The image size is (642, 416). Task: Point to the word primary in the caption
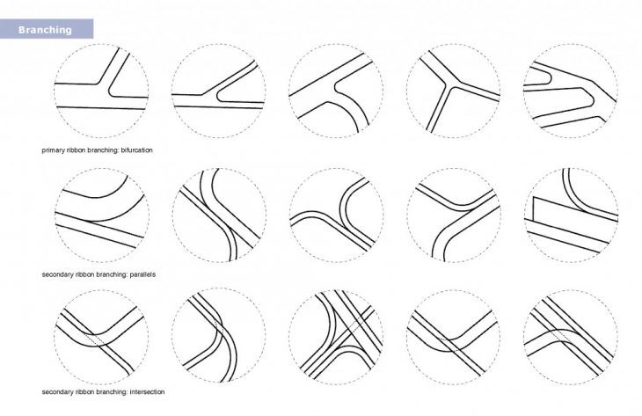pos(54,150)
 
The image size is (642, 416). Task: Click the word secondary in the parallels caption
pos(58,274)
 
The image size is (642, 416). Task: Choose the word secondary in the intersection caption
pos(58,391)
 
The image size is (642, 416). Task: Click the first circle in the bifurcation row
pos(101,90)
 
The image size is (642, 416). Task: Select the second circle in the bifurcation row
pos(218,90)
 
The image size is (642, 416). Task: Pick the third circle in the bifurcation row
pos(336,90)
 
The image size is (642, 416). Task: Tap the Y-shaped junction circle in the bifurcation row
pos(453,90)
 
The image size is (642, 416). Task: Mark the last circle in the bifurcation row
pos(570,90)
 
